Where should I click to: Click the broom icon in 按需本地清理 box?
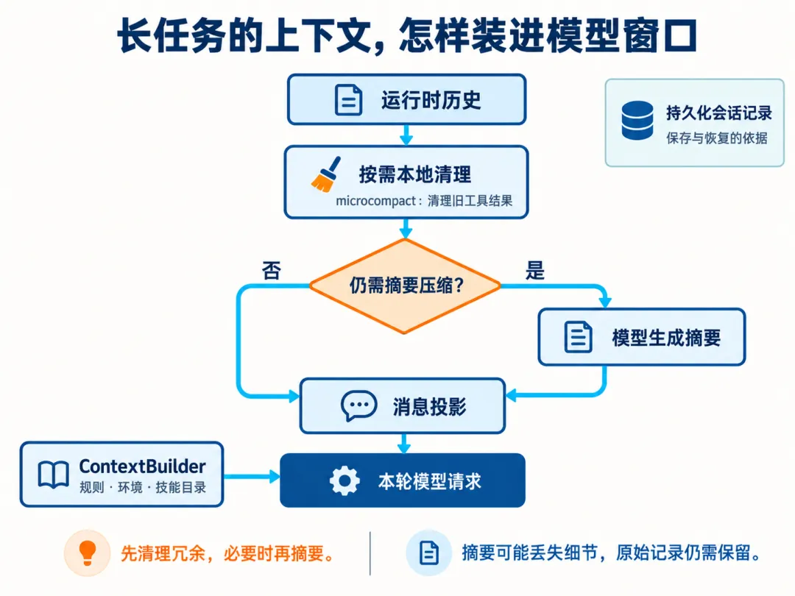click(x=325, y=174)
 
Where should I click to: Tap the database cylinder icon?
click(x=637, y=120)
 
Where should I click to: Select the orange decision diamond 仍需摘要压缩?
click(x=405, y=285)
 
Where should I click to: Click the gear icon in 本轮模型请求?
click(x=344, y=481)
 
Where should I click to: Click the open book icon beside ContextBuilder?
click(x=53, y=475)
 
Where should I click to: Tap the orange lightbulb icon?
click(x=87, y=553)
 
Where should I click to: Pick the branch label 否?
click(x=271, y=270)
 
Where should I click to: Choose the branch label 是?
click(x=535, y=270)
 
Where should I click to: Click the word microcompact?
click(x=375, y=201)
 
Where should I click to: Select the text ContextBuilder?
click(x=143, y=466)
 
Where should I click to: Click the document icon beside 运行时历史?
click(x=349, y=100)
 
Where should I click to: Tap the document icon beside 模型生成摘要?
click(x=578, y=336)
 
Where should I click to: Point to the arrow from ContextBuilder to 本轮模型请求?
click(x=252, y=476)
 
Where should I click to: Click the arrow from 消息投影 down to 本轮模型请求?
click(x=404, y=444)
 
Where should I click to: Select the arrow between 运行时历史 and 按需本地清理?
click(x=406, y=135)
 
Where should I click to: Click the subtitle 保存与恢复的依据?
click(x=717, y=138)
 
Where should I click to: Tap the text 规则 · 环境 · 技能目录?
click(x=143, y=488)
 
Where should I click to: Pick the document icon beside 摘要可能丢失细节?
click(x=429, y=553)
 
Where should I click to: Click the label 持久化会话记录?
click(x=719, y=113)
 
